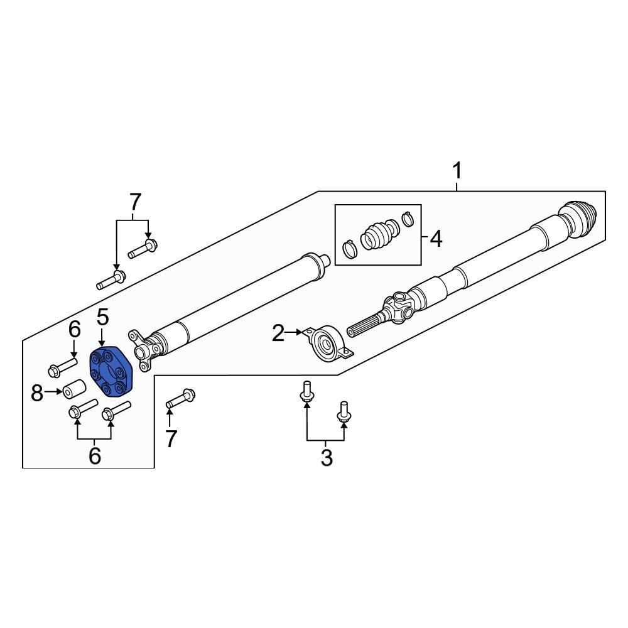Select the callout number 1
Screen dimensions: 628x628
(457, 170)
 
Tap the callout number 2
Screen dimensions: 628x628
(278, 333)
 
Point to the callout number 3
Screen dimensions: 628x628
(327, 457)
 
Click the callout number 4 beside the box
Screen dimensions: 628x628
(435, 239)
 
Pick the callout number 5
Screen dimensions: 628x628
(102, 317)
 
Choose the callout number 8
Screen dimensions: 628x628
(37, 394)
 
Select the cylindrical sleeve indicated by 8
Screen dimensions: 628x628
(73, 389)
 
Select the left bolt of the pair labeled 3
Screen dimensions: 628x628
(306, 390)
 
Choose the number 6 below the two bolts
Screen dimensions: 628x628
(94, 457)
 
